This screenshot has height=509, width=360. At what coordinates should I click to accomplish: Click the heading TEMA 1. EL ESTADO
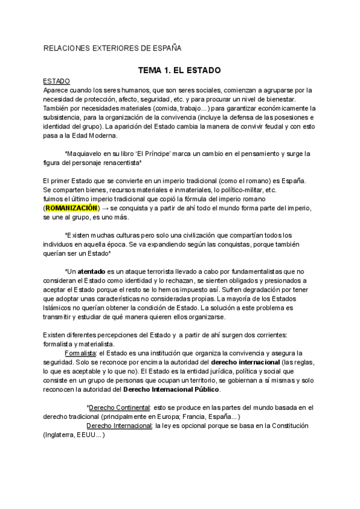(x=179, y=70)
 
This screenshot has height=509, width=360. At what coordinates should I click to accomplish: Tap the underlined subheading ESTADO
(x=56, y=80)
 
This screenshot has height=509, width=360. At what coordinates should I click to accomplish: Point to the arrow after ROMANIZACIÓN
(x=104, y=207)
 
